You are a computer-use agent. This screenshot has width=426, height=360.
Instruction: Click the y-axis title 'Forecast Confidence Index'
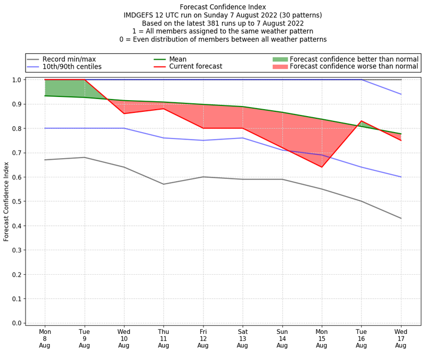pos(7,201)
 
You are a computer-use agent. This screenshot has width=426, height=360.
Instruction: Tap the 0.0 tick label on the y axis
pos(16,323)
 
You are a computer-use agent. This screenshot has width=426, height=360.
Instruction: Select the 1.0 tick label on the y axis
pos(16,80)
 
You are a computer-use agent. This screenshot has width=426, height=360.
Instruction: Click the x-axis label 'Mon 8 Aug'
pos(45,338)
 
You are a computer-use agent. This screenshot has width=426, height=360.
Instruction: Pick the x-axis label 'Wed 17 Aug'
pos(401,338)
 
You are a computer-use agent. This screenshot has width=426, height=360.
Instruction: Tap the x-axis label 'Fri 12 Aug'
pos(203,338)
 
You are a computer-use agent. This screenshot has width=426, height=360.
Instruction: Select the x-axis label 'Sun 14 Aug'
pos(282,338)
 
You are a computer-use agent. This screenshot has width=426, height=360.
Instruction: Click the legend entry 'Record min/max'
pos(69,59)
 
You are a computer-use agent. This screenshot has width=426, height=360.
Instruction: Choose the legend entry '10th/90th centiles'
pos(72,67)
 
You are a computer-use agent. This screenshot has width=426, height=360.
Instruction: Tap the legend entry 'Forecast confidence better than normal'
pos(354,59)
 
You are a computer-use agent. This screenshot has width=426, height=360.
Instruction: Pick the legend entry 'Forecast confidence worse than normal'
pos(354,67)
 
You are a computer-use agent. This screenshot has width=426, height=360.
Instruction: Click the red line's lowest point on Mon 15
pos(322,167)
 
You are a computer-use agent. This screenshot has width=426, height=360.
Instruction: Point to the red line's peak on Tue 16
pos(362,121)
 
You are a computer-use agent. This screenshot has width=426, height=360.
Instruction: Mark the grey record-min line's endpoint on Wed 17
pos(401,218)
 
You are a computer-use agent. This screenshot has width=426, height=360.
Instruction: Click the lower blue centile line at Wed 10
pos(124,128)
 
